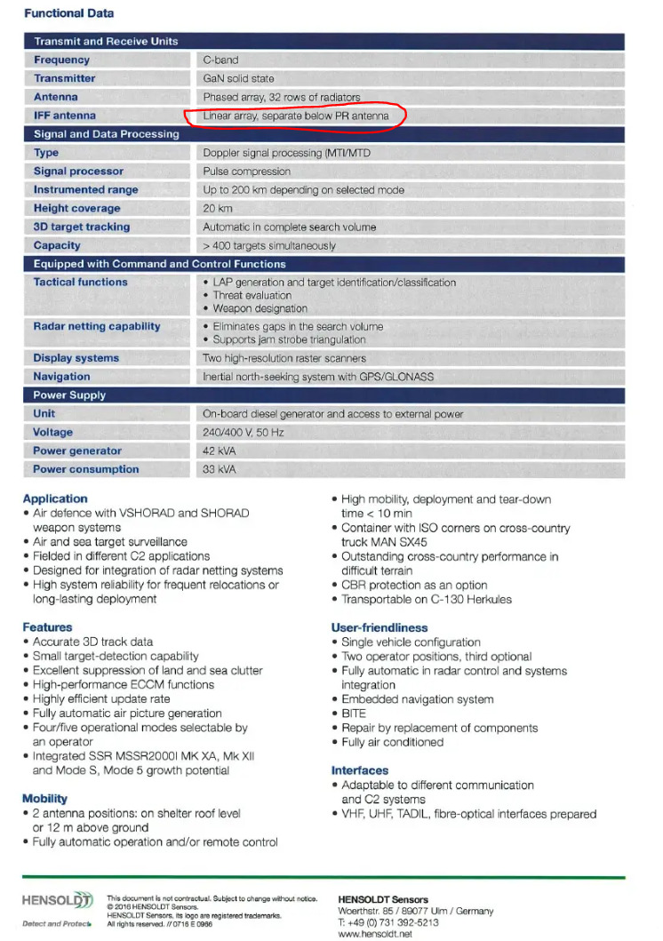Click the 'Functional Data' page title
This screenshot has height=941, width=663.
point(68,13)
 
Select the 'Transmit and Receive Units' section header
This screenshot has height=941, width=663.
point(106,41)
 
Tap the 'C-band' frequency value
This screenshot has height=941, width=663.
point(220,60)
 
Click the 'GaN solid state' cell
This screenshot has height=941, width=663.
point(238,78)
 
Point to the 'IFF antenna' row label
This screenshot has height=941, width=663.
point(65,116)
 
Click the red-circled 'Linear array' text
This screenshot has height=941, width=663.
point(295,116)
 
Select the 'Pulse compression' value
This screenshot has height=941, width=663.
point(246,171)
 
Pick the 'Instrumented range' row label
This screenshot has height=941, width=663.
point(86,189)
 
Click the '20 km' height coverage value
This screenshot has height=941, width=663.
point(218,208)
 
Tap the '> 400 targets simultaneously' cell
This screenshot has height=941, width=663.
point(269,245)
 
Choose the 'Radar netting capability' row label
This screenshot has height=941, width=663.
point(97,326)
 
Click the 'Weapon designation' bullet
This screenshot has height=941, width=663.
point(260,308)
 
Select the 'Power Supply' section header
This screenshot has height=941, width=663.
point(69,395)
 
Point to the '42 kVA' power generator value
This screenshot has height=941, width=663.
point(220,451)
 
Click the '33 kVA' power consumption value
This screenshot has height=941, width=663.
point(220,469)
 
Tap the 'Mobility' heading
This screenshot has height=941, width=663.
point(44,799)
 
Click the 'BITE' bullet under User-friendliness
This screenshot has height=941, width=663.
point(354,714)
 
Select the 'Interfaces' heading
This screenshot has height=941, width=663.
point(360,770)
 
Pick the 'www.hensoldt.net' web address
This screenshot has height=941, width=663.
point(376,934)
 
